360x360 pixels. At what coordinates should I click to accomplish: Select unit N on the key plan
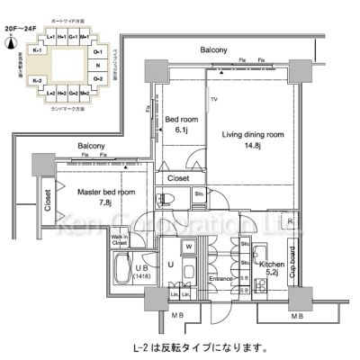(97, 66)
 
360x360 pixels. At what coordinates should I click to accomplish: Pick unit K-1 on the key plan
(38, 51)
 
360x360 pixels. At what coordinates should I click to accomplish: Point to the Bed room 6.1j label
(180, 124)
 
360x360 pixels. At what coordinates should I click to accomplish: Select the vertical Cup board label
(291, 264)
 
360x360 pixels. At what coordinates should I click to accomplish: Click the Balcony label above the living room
(213, 50)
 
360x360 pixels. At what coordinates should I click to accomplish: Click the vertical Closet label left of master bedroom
(47, 199)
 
